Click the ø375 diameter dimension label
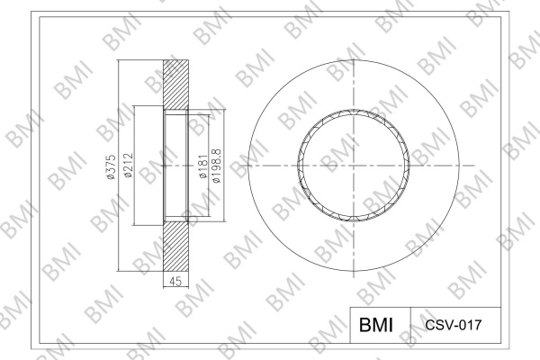pos(111,166)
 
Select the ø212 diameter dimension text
pos(129,166)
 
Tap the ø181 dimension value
pos(203,166)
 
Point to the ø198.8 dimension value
pos(217,166)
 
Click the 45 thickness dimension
pos(175,281)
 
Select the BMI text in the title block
pos(375,325)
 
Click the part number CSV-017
pos(454,325)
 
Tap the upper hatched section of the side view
pos(175,85)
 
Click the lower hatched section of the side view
pos(175,246)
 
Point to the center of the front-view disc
pos(354,166)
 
